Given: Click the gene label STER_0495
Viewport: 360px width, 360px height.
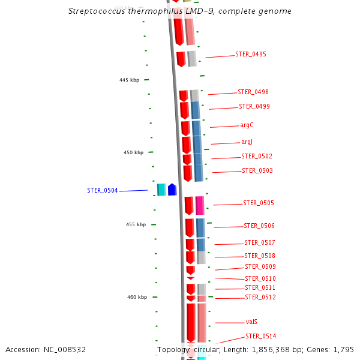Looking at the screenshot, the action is tap(251, 55).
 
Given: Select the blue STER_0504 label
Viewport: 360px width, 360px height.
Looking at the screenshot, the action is tap(103, 191).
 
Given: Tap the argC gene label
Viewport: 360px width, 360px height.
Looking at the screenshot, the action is tap(247, 125).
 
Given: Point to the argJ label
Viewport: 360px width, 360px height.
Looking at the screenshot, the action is tap(247, 142).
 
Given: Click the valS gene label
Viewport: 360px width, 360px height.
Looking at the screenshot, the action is tap(251, 322).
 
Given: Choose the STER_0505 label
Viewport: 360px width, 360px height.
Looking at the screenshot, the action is tap(259, 203).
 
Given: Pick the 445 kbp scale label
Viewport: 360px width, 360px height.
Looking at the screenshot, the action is tap(129, 80).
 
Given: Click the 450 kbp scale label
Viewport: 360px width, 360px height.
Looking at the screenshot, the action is tap(134, 153).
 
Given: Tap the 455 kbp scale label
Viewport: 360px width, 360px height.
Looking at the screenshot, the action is tap(136, 225).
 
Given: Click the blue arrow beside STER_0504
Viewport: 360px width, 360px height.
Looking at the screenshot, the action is tap(172, 190).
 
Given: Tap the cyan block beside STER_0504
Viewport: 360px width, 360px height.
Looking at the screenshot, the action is tap(161, 190).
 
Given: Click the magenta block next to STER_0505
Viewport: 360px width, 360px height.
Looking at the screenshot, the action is tap(200, 206).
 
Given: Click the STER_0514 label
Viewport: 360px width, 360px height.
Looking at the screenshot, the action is tap(261, 336).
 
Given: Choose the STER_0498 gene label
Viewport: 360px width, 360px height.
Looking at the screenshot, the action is tap(253, 92).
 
